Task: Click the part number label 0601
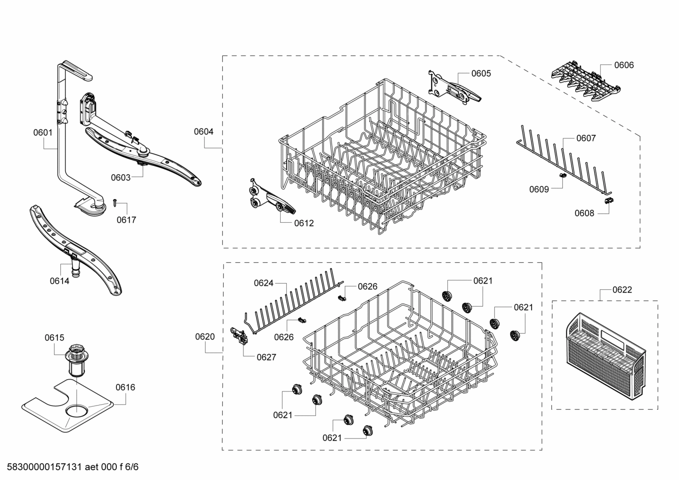pyautogui.click(x=42, y=133)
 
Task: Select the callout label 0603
pyautogui.click(x=121, y=178)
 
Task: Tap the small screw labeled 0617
pyautogui.click(x=114, y=202)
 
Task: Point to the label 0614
pyautogui.click(x=59, y=281)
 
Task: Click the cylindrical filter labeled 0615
pyautogui.click(x=75, y=360)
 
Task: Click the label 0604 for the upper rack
pyautogui.click(x=203, y=131)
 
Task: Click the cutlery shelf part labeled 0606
pyautogui.click(x=584, y=80)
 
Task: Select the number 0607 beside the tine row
pyautogui.click(x=586, y=138)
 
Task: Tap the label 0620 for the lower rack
pyautogui.click(x=205, y=336)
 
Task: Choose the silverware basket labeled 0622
pyautogui.click(x=605, y=358)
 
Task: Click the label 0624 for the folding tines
pyautogui.click(x=263, y=283)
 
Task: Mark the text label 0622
pyautogui.click(x=622, y=290)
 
